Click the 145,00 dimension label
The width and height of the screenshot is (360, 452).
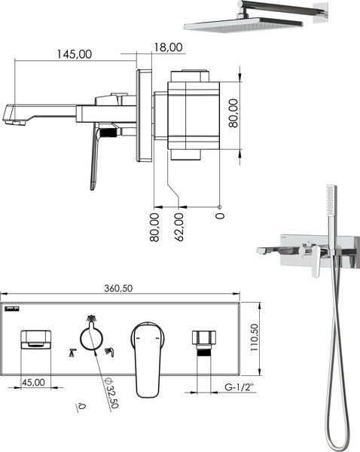click(x=75, y=54)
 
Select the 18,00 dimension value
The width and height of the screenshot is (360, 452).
click(x=168, y=47)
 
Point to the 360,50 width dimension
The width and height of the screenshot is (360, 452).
click(x=118, y=289)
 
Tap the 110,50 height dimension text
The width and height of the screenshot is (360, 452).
click(x=255, y=337)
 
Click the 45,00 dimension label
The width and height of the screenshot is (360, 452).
click(x=34, y=383)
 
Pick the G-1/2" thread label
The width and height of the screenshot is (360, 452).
click(x=240, y=387)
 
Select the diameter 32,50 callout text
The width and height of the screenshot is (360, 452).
click(x=111, y=392)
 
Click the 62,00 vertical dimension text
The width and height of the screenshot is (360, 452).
click(x=179, y=228)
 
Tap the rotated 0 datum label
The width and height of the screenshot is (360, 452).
click(x=220, y=216)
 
